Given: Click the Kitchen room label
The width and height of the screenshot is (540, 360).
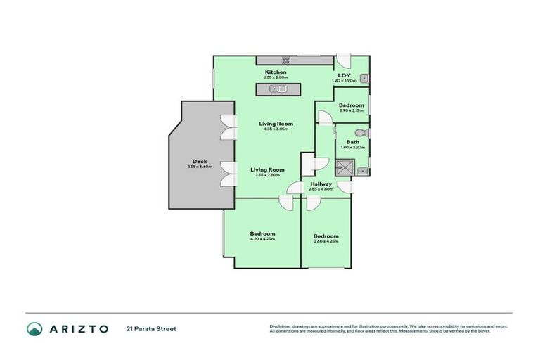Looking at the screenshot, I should (275, 72).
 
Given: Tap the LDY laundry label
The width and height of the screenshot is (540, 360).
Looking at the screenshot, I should (344, 75).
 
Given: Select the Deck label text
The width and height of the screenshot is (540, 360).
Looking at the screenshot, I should (200, 161).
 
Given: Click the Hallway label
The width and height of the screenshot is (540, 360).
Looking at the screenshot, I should (321, 184).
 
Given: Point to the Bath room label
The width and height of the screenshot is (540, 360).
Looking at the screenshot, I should (352, 141).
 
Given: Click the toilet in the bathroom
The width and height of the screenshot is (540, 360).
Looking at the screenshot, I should (361, 132).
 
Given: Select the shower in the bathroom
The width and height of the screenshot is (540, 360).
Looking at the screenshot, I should (344, 167).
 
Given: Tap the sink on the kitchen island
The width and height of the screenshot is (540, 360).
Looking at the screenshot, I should (279, 89).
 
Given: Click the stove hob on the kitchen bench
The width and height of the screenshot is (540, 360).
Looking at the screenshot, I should (286, 60).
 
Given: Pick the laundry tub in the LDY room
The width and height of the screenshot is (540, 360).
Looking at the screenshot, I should (364, 79).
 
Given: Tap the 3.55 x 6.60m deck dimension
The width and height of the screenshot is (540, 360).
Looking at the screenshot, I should (200, 167).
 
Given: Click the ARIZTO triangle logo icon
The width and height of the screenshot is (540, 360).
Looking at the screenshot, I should (34, 328).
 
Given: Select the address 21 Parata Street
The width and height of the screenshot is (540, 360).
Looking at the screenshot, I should (150, 328).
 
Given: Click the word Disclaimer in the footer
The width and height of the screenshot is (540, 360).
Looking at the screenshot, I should (281, 326).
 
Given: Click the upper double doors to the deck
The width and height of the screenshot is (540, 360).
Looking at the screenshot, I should (227, 127).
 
